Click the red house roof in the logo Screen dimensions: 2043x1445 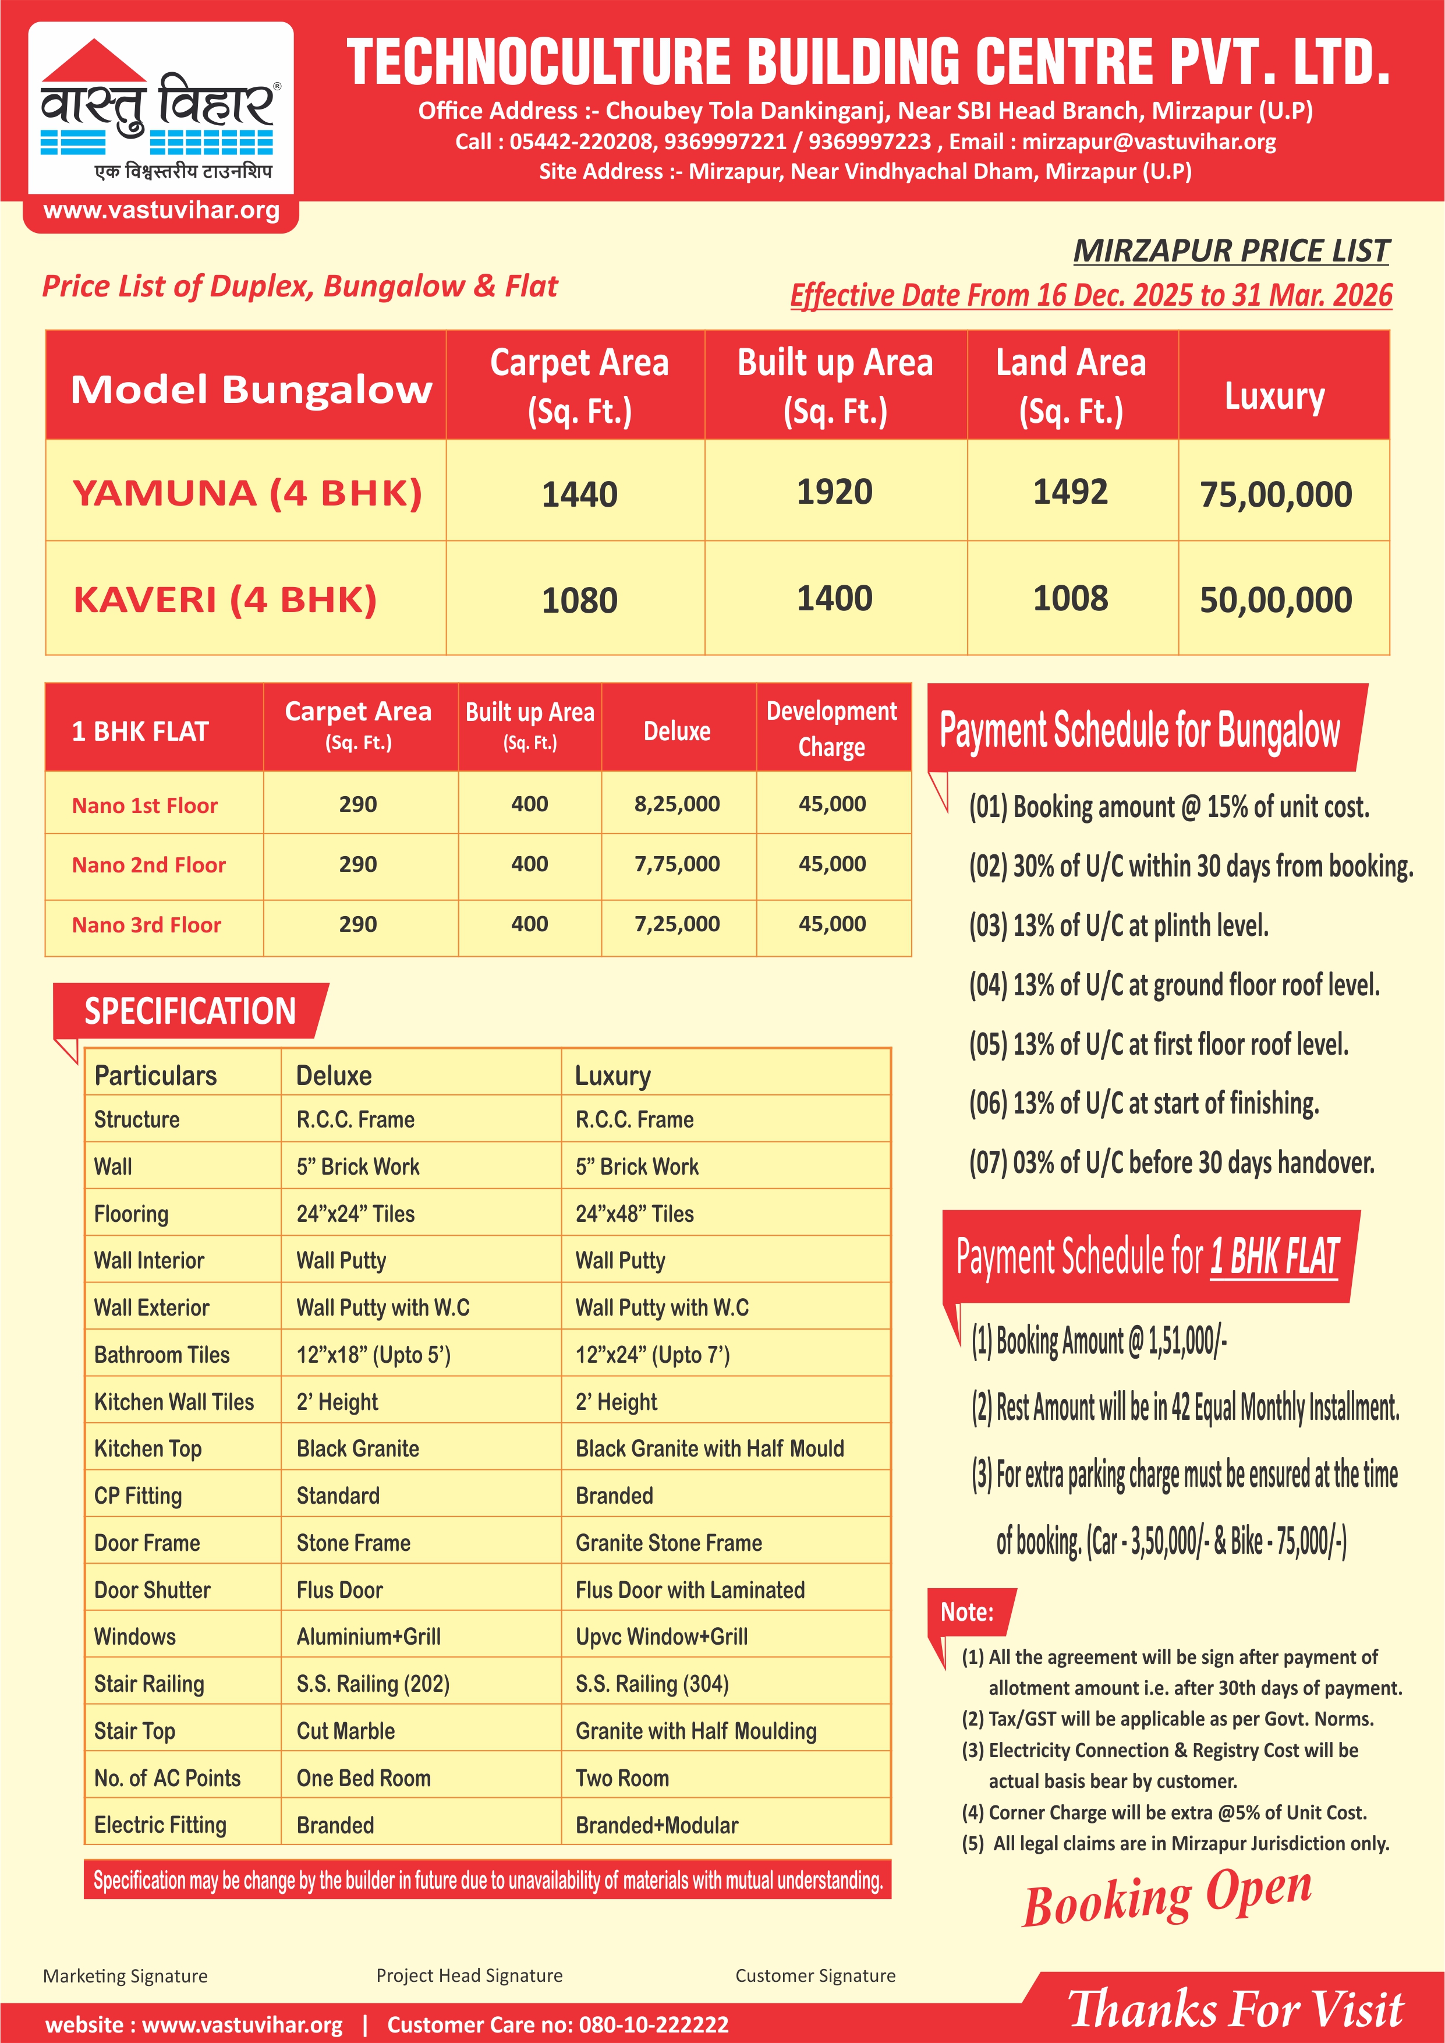93,61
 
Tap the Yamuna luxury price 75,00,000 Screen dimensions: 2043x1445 1275,494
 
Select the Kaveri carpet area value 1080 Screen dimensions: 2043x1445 579,600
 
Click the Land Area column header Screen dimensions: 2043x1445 1071,386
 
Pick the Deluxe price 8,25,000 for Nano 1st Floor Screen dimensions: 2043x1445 677,804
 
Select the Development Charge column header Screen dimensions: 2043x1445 832,728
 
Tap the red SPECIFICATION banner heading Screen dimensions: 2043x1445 190,1012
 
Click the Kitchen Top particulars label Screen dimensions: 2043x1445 148,1448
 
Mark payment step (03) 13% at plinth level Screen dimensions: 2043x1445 1118,925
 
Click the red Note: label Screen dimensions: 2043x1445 966,1611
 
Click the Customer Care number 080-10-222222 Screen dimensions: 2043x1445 653,2025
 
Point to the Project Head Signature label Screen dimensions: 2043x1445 469,1975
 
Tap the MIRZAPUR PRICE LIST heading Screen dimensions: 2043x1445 1231,251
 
